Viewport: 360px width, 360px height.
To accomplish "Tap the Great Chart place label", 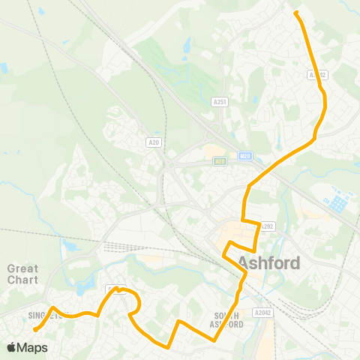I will pos(23,274).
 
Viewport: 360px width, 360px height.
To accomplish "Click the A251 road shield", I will pos(219,101).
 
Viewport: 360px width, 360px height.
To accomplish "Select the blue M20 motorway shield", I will pos(245,155).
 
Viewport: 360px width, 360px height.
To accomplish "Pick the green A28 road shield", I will pos(220,160).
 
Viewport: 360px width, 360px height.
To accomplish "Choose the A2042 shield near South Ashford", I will pos(262,312).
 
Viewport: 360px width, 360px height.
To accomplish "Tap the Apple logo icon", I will pos(11,347).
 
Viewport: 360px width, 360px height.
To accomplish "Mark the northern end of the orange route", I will pos(295,13).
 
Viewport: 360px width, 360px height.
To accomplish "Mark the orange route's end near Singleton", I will pos(35,328).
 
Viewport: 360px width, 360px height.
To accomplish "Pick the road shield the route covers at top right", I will pos(318,75).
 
